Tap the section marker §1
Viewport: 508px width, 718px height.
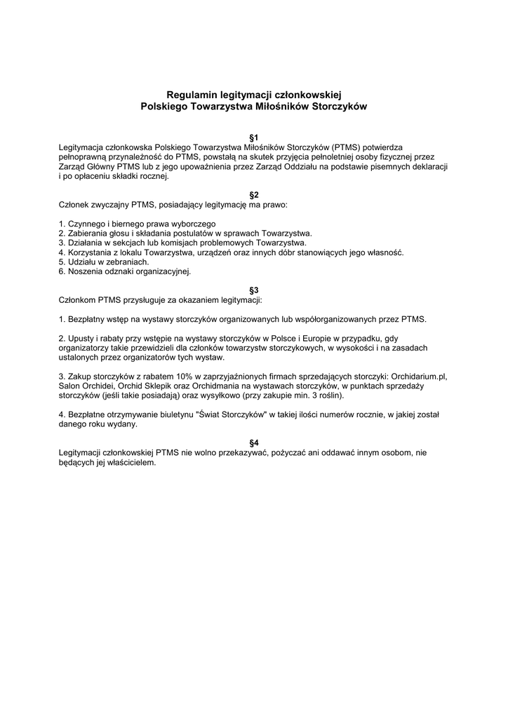click(x=254, y=137)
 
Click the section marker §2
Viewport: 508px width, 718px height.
click(x=254, y=194)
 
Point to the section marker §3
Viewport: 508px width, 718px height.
click(x=254, y=290)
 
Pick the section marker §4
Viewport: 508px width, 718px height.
click(x=254, y=442)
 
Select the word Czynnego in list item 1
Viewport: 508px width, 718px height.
click(x=86, y=224)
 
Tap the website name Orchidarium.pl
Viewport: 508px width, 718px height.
click(x=419, y=377)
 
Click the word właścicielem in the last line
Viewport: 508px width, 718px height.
click(x=131, y=462)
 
